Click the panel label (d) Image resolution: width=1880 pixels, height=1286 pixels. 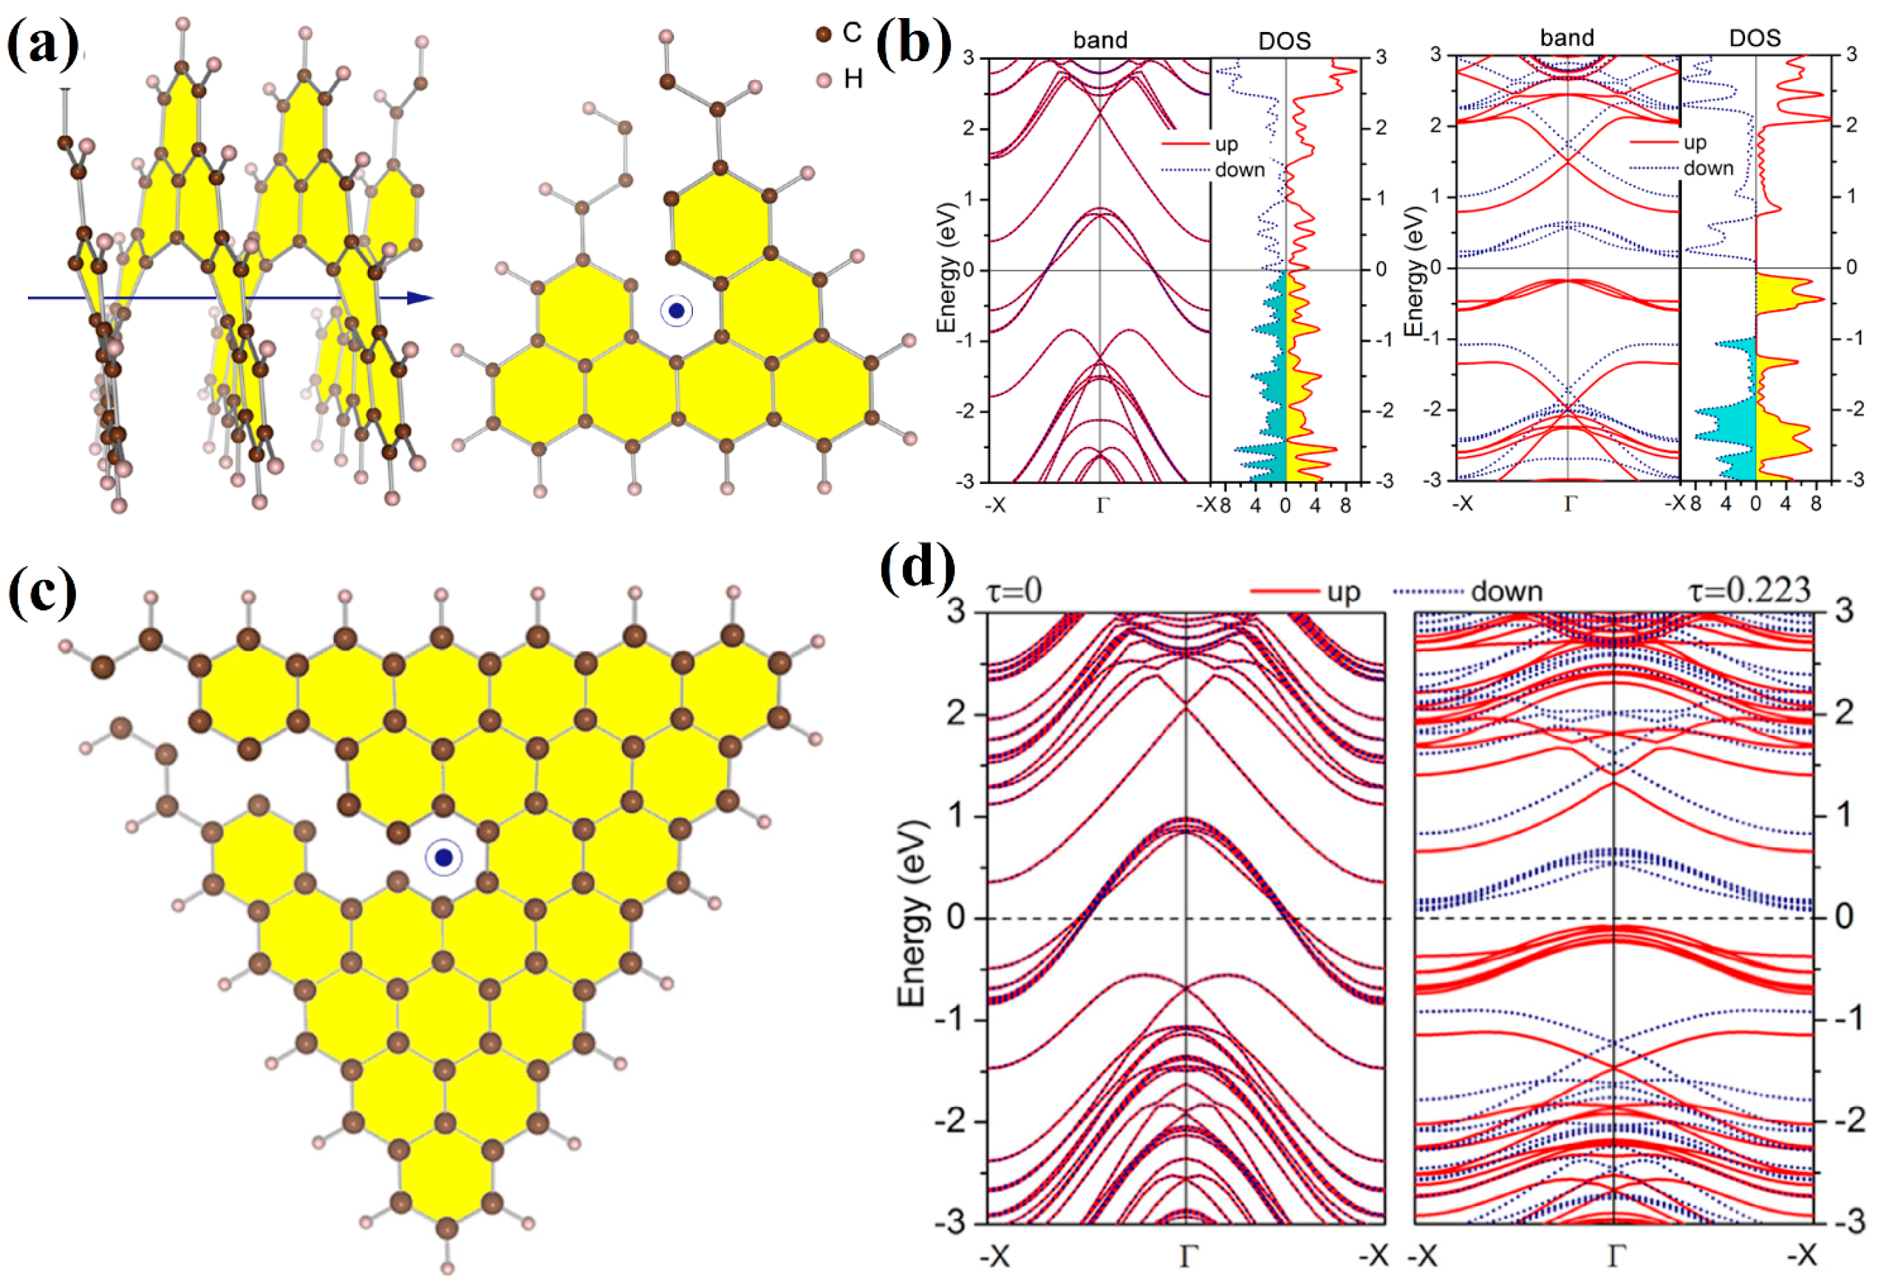917,567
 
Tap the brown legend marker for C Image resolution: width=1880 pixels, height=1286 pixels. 824,34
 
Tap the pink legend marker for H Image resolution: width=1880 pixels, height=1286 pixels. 824,79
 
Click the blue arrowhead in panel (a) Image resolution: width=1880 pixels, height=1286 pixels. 420,298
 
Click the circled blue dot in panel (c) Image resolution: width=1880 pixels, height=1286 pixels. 443,858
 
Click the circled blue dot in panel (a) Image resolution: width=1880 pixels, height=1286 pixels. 676,311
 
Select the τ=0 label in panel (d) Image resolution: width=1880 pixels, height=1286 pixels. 1014,591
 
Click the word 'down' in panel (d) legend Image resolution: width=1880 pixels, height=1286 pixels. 1506,592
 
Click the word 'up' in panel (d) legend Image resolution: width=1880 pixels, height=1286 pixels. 1344,592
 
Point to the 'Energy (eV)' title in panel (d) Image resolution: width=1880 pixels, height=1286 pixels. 911,913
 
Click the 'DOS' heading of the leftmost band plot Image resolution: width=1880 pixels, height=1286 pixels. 1284,40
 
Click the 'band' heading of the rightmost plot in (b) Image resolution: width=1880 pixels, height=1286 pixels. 1567,38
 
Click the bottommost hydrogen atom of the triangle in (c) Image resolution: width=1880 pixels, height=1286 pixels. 447,1268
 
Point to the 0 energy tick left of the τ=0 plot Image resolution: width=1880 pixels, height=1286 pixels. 955,918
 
